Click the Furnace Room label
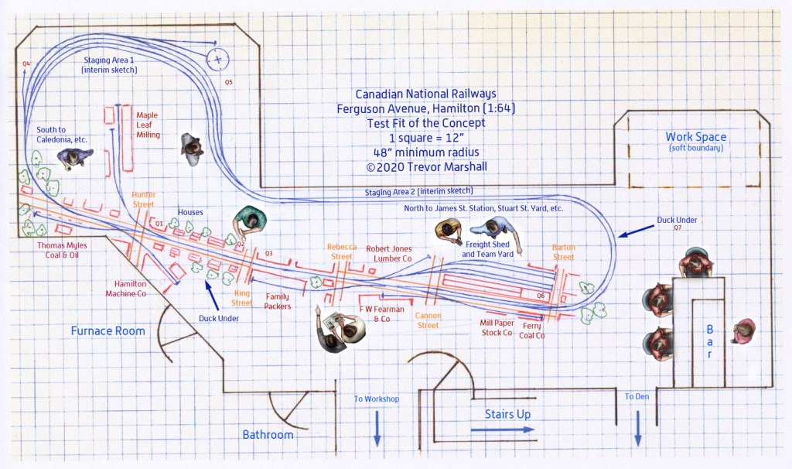(108, 331)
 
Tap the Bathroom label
(268, 435)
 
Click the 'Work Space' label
(696, 137)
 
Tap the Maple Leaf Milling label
(147, 125)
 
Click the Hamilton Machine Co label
(130, 288)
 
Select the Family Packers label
(278, 301)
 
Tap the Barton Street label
(563, 252)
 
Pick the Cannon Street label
(428, 320)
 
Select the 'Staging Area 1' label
(110, 64)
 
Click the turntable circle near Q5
(218, 59)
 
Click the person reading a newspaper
(338, 330)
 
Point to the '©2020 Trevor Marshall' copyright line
(422, 166)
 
